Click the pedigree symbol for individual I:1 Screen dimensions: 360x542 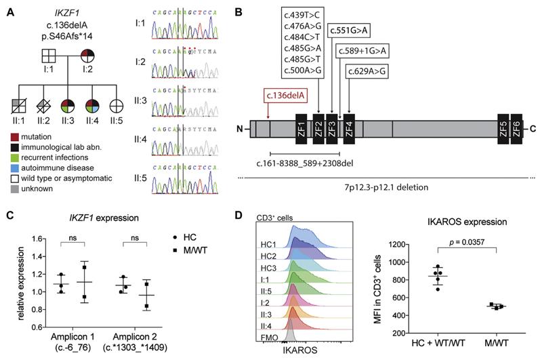pos(47,56)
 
